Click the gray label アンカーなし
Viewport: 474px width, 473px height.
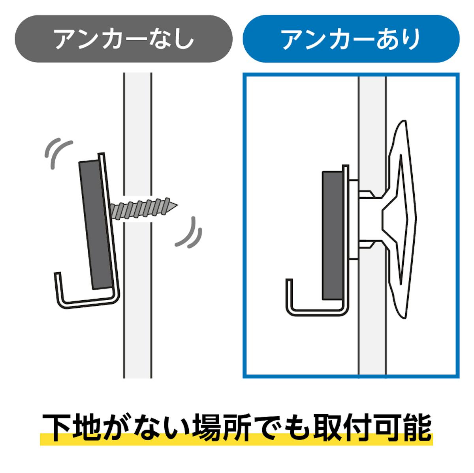[x=124, y=39]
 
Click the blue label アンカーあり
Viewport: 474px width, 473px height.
[x=351, y=39]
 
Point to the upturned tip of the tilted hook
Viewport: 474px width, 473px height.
[x=57, y=273]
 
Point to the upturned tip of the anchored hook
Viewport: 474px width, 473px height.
[x=289, y=280]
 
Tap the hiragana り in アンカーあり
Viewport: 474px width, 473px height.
[x=411, y=39]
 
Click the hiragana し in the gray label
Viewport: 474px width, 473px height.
[x=183, y=39]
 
